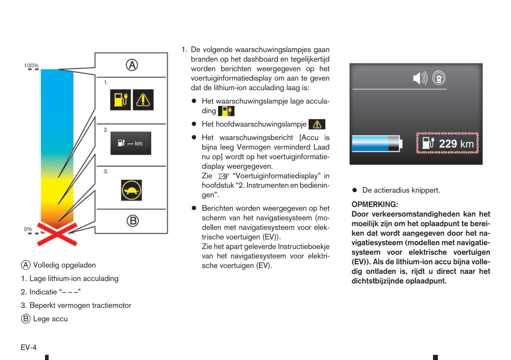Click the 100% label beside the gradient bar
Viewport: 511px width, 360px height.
(x=31, y=66)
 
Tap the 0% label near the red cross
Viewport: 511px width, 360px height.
(x=28, y=229)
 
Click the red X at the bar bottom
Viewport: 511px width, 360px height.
(x=57, y=234)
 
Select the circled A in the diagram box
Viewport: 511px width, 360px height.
(x=132, y=65)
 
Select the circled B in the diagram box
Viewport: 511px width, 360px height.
(x=133, y=221)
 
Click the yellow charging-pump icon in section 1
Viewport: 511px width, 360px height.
(x=120, y=100)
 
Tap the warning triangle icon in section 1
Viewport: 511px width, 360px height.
(x=143, y=100)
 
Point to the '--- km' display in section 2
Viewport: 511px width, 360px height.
(x=131, y=143)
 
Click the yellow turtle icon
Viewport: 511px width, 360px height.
(x=132, y=190)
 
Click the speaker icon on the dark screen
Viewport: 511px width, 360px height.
(x=420, y=78)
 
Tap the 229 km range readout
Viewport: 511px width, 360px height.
(x=447, y=143)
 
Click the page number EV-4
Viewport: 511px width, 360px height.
(x=29, y=348)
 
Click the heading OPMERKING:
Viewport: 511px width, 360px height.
(x=374, y=205)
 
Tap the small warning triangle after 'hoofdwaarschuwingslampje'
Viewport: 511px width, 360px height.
(x=317, y=124)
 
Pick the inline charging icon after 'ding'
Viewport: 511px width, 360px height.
(x=226, y=111)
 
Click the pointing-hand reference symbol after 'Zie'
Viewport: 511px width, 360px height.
(x=223, y=176)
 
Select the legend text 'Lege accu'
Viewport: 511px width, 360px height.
(x=50, y=319)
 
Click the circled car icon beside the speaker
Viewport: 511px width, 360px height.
(x=439, y=78)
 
